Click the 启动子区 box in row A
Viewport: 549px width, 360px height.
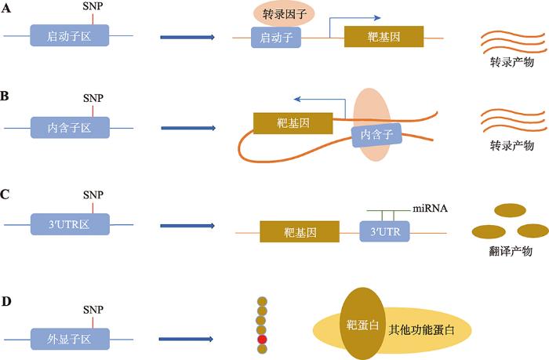coord(70,37)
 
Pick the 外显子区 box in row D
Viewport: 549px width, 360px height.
coord(70,340)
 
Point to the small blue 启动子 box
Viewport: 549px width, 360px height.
coord(271,37)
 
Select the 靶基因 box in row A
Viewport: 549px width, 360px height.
coord(384,37)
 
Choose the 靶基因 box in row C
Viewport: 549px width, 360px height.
coord(300,232)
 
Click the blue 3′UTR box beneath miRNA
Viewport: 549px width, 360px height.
coord(384,232)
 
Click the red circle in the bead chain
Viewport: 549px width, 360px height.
coord(262,340)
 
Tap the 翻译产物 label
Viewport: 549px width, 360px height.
coord(510,251)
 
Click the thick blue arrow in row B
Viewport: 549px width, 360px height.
coord(187,126)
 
